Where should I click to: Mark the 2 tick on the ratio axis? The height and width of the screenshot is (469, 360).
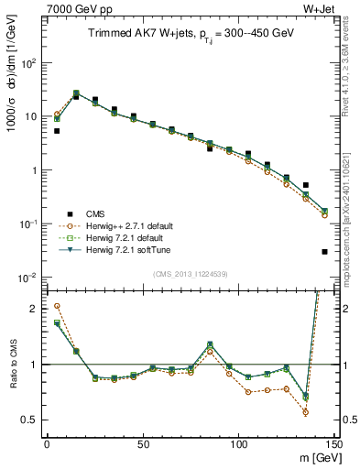coord(33,309)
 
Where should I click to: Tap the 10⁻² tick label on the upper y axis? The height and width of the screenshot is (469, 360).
coord(27,278)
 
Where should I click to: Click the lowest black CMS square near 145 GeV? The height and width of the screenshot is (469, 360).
coord(325,252)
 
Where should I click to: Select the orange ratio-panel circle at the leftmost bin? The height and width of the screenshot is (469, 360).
coord(57,306)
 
